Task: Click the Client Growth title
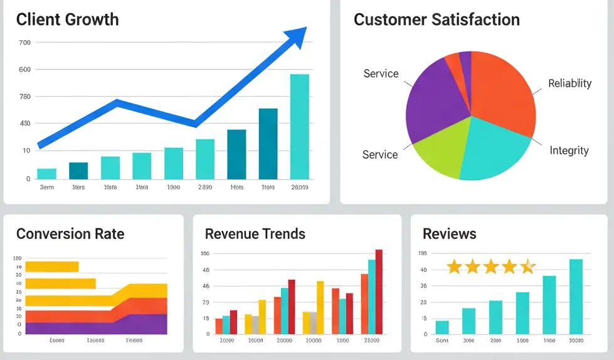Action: tap(67, 19)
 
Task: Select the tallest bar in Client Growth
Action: tap(299, 126)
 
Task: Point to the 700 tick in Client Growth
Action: tap(24, 43)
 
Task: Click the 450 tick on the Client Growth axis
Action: tap(24, 123)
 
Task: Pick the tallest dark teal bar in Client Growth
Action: tap(268, 144)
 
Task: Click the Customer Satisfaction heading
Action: tap(437, 19)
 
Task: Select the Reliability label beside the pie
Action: tap(569, 83)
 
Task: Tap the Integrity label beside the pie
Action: tap(569, 151)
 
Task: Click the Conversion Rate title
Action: tap(70, 234)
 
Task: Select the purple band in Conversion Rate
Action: tap(94, 326)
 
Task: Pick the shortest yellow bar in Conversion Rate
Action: tap(52, 267)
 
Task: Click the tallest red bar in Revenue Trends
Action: tap(379, 292)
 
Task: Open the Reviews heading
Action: tap(449, 234)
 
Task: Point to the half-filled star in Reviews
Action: tap(528, 267)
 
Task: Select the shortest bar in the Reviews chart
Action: tap(442, 327)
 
